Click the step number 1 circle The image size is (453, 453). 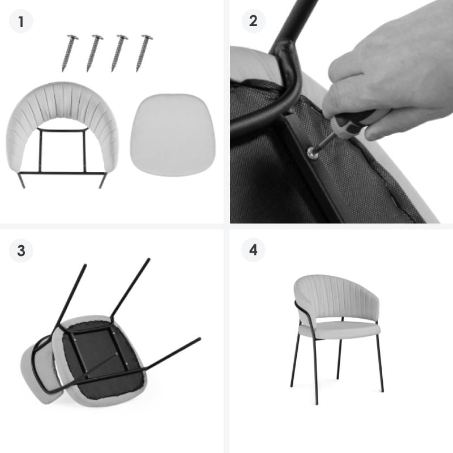21,22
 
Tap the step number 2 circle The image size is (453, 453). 253,21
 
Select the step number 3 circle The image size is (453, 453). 21,250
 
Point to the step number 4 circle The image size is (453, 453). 253,250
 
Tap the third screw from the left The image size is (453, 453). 119,53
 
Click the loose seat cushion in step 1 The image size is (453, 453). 173,135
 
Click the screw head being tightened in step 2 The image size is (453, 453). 312,152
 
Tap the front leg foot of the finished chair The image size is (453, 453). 317,403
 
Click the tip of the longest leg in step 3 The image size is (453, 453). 199,339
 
